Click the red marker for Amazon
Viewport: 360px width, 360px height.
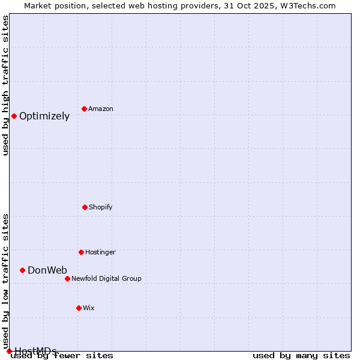(x=84, y=109)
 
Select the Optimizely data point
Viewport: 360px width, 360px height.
(x=14, y=116)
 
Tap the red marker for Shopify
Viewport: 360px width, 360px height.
(x=85, y=207)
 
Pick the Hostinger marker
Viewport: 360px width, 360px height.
(x=81, y=252)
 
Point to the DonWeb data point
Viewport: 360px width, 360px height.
(x=22, y=270)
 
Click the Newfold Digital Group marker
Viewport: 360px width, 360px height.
(x=67, y=278)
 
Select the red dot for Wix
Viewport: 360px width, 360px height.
(x=79, y=308)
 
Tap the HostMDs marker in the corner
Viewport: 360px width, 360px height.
(x=9, y=351)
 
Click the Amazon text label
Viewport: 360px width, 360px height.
(x=101, y=109)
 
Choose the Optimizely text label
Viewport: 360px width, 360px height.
(x=44, y=116)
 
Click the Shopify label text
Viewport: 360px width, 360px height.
(x=101, y=208)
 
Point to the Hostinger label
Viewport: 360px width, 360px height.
(x=100, y=253)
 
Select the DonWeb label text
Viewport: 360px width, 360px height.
(x=47, y=271)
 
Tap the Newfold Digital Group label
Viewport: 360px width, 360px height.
(x=106, y=279)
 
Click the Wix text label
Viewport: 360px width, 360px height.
(x=89, y=308)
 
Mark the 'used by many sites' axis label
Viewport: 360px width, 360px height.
(x=301, y=356)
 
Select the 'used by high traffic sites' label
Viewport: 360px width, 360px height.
(x=6, y=85)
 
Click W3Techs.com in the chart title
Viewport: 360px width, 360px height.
(x=305, y=5)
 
